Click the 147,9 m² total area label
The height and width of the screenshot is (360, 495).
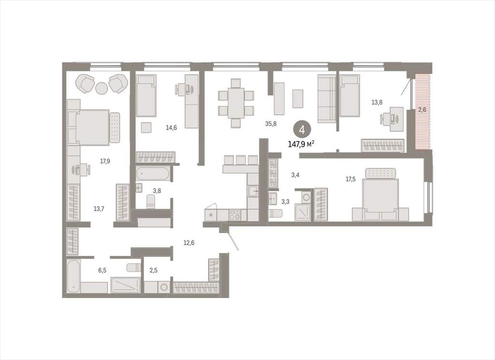click(x=301, y=144)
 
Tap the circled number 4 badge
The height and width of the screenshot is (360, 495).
click(x=302, y=130)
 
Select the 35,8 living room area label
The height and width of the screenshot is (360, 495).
click(x=271, y=124)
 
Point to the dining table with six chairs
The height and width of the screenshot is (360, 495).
click(x=236, y=103)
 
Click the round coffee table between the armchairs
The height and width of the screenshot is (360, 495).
click(x=102, y=88)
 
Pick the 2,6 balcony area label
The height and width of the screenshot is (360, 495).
click(x=422, y=110)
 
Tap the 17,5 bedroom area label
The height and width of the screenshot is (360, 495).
click(x=351, y=179)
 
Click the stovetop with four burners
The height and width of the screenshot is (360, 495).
click(x=234, y=215)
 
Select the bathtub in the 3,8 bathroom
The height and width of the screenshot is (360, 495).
click(x=153, y=174)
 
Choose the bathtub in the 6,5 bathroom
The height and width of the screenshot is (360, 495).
click(x=73, y=276)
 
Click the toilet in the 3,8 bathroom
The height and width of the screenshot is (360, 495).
click(x=151, y=201)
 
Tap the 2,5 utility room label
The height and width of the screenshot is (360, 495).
click(x=153, y=270)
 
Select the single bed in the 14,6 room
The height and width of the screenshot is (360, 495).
click(x=146, y=95)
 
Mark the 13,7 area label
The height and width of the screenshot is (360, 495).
click(x=99, y=209)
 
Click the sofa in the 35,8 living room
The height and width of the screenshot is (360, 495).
click(x=327, y=99)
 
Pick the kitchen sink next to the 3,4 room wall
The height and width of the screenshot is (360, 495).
click(x=253, y=191)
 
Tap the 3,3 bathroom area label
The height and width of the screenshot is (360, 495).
click(x=285, y=202)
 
